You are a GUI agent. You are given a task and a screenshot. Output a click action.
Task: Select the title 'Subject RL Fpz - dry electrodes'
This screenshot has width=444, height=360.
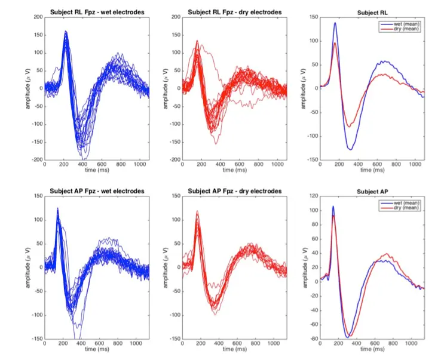pos(234,12)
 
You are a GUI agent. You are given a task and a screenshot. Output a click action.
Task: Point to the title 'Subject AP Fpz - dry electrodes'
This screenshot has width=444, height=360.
pos(234,191)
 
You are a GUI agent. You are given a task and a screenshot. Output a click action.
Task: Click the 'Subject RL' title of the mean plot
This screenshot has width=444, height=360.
pos(371,13)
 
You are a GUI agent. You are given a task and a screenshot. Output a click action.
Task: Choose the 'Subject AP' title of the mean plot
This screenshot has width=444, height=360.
pos(371,192)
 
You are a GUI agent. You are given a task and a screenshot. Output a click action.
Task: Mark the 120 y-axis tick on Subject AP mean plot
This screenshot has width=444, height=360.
pos(312,196)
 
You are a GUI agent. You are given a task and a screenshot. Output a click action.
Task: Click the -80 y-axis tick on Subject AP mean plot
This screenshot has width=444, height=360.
pos(312,339)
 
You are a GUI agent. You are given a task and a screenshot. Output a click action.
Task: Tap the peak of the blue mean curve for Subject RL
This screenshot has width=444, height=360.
pos(335,23)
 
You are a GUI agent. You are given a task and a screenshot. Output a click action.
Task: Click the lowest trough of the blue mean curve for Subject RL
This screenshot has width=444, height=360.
pos(350,149)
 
